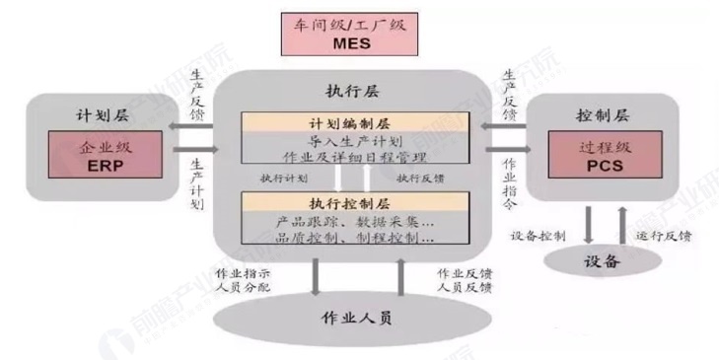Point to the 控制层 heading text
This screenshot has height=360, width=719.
coord(595,113)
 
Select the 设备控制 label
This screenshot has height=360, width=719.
coord(539,237)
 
